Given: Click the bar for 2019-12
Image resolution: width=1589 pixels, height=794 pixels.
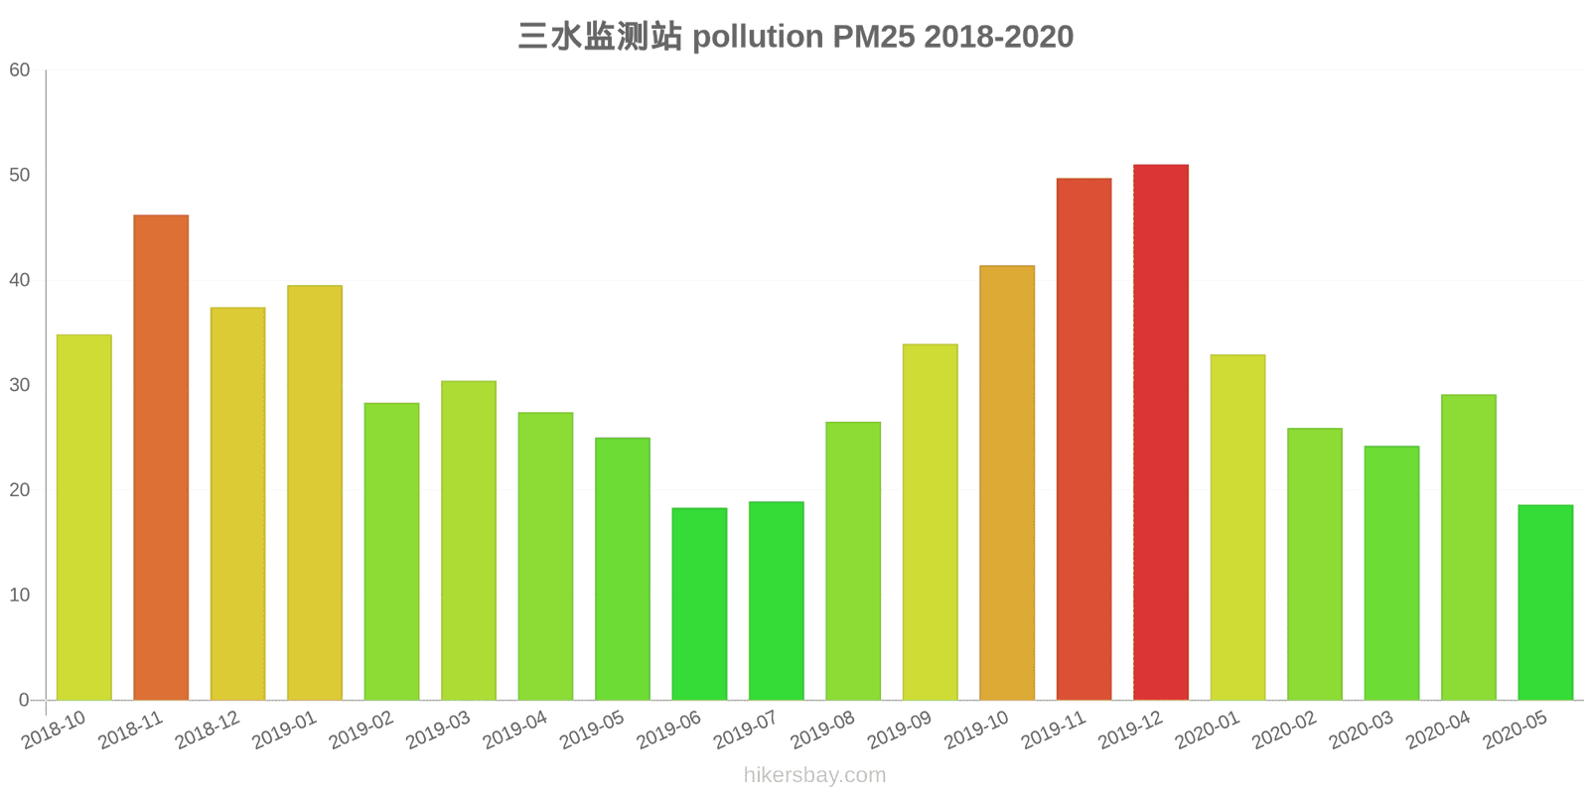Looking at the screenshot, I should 1160,432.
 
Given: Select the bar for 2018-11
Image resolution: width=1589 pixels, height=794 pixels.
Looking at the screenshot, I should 161,458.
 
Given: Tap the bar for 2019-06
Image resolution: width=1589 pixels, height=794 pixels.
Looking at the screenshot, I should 699,603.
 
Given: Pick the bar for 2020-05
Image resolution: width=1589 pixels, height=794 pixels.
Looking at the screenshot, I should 1545,602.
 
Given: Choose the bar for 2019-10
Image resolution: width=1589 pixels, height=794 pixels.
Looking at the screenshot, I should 1006,482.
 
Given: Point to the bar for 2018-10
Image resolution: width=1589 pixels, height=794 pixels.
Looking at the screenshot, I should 83,517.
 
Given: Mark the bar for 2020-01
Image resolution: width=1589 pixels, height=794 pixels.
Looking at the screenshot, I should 1237,527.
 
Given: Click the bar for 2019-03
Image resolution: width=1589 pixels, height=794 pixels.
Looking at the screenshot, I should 469,540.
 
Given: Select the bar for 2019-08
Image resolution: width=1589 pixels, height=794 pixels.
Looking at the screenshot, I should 853,561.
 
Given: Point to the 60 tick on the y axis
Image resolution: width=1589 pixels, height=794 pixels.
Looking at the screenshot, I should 20,70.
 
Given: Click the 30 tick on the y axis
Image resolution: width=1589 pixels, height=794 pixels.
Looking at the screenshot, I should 20,385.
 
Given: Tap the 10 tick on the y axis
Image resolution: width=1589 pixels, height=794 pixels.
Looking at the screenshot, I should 20,595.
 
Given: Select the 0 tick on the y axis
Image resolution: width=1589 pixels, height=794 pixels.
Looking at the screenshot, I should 24,701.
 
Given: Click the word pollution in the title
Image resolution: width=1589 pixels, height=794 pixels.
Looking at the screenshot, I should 758,37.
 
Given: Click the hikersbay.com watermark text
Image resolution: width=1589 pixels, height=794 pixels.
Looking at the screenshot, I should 814,775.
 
